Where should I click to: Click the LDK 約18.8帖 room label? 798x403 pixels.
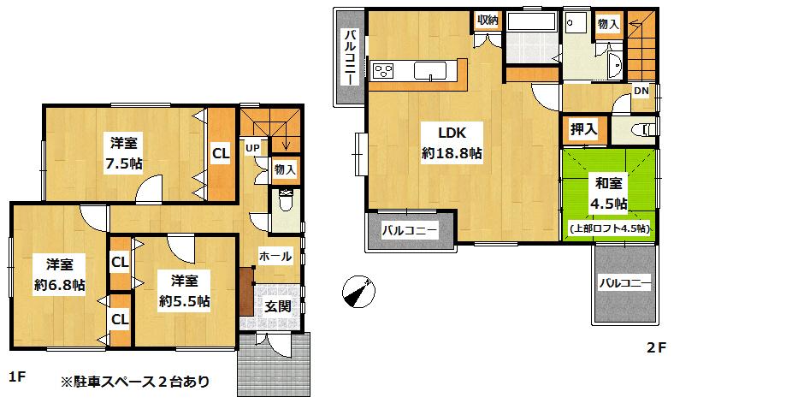pos(452,143)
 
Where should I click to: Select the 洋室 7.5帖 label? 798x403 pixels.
pos(125,152)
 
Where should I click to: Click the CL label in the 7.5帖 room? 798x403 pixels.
pos(222,154)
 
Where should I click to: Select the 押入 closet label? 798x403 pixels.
pos(584,130)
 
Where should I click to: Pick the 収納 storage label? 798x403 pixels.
pos(488,19)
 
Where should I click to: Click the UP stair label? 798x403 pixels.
pos(253,147)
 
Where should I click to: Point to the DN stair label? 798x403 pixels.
pos(641,92)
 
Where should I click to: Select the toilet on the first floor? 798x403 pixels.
pos(284,203)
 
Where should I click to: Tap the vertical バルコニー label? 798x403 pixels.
pos(350,56)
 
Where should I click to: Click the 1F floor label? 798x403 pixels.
pos(16,377)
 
